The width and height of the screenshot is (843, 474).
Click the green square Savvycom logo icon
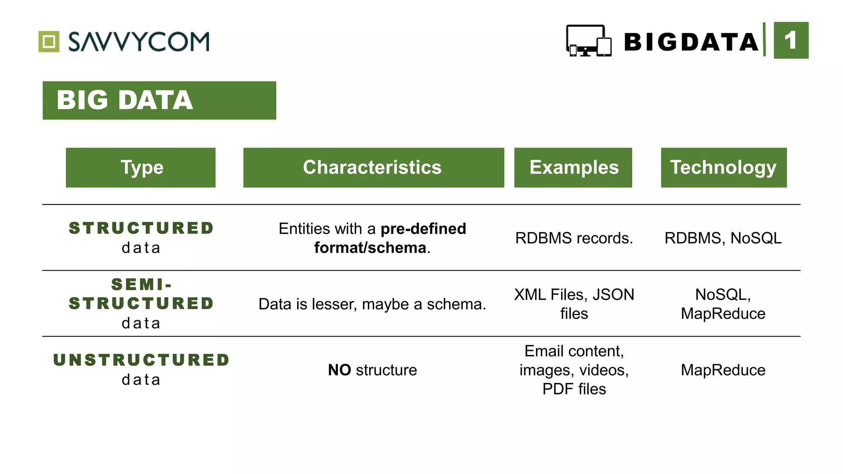(x=49, y=42)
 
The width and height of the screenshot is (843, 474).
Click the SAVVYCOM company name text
(x=139, y=42)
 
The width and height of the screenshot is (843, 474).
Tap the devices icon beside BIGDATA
(x=588, y=41)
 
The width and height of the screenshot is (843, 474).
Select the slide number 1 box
(x=791, y=40)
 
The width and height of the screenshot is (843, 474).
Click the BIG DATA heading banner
(x=159, y=100)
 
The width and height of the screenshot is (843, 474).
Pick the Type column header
(x=141, y=167)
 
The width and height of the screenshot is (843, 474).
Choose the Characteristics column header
(x=373, y=167)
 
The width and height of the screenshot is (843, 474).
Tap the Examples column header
(x=573, y=167)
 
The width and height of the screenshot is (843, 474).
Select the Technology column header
(x=724, y=167)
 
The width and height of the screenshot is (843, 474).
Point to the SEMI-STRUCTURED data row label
(x=141, y=304)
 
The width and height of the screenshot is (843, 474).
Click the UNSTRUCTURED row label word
(x=141, y=360)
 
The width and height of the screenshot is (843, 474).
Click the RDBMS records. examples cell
(x=574, y=238)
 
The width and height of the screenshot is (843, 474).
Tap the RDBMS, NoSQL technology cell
(x=723, y=238)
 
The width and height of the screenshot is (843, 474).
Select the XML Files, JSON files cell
(x=574, y=304)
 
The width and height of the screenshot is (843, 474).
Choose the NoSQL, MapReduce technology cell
(x=723, y=304)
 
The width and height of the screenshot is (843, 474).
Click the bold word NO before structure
(x=339, y=370)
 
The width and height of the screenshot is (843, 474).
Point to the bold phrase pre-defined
(x=423, y=229)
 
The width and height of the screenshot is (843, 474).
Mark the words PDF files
(x=574, y=389)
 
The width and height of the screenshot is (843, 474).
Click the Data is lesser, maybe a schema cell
(x=372, y=304)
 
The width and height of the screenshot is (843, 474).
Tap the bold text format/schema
(x=370, y=248)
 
